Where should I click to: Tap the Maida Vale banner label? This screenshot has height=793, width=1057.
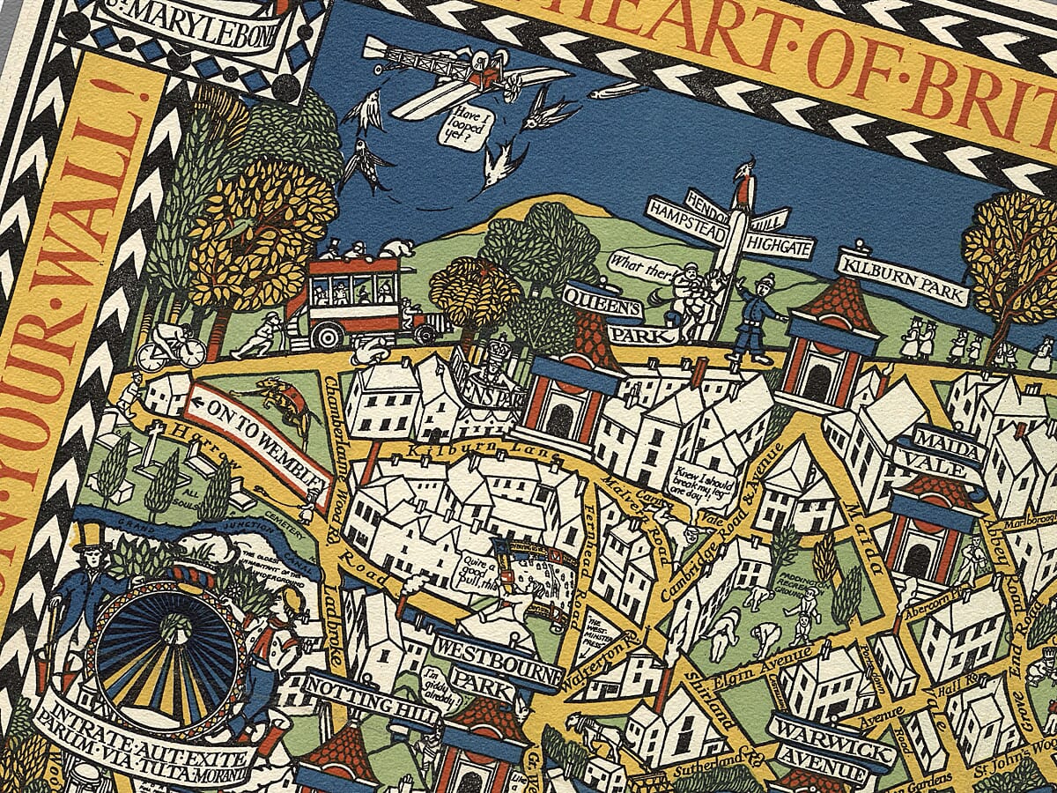(x=947, y=448)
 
